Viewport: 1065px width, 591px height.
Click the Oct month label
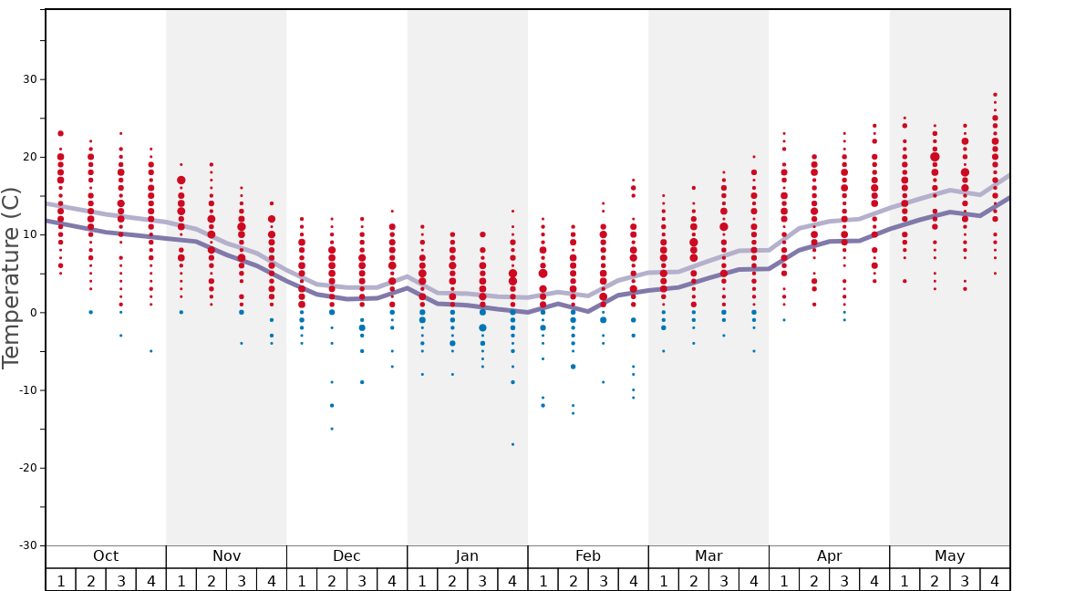[106, 556]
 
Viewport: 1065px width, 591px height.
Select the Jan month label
[467, 556]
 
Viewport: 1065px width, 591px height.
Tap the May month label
[949, 556]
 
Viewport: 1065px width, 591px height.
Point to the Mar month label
[708, 556]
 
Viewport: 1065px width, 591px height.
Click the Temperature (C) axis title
[11, 277]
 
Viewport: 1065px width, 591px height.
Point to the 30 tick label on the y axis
[30, 79]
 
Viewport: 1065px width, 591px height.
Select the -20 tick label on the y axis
[27, 468]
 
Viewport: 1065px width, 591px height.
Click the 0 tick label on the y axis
[34, 313]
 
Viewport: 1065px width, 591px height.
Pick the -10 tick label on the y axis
[27, 390]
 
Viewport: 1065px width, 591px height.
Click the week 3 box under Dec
[362, 580]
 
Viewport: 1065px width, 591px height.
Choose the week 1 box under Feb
[543, 580]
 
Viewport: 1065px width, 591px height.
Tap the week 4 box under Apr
[874, 580]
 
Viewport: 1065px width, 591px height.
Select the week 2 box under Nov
[212, 580]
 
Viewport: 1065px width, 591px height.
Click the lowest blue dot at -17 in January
[512, 444]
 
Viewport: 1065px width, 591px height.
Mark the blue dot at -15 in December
[332, 429]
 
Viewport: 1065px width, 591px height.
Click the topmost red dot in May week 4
[995, 94]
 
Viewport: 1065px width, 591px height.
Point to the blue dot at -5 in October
[151, 351]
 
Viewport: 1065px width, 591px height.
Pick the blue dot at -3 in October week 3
[120, 336]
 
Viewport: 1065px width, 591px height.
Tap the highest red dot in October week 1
[61, 133]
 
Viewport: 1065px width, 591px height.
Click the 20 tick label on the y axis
[30, 157]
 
